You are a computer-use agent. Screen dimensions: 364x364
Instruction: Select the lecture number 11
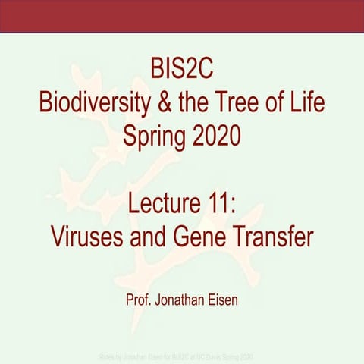tap(229, 199)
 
